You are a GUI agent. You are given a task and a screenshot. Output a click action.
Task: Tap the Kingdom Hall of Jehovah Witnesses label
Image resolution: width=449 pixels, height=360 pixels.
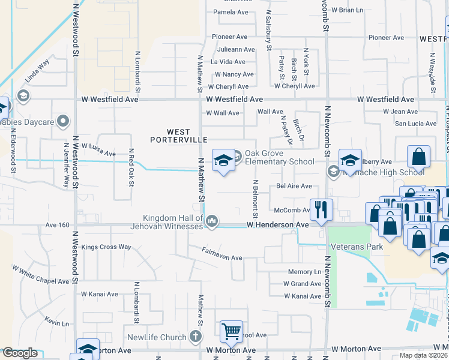tap(173, 221)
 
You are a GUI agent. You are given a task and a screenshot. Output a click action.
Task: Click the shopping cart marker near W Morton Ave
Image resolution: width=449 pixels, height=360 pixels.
tap(231, 330)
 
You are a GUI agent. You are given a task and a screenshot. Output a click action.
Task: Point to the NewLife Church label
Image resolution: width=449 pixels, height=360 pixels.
tap(157, 337)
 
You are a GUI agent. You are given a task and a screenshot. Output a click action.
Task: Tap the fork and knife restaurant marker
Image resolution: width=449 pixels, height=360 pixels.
tap(321, 209)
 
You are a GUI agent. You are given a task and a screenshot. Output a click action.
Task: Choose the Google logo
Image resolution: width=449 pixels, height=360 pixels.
tap(20, 353)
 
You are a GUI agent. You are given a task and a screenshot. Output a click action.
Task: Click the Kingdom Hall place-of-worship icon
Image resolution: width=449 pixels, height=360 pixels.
tap(211, 222)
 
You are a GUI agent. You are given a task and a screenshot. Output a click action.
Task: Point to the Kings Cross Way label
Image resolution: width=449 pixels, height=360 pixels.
tap(106, 247)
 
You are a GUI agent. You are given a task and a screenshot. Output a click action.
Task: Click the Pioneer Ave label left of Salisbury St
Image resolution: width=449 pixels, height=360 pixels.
tap(229, 37)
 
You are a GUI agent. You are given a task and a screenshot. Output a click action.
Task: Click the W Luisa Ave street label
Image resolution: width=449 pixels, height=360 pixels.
tap(98, 149)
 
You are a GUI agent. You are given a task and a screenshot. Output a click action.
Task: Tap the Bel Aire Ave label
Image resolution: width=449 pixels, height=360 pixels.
tap(294, 187)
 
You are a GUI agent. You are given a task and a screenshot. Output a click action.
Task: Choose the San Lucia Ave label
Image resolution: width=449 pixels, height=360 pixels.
tap(415, 124)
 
